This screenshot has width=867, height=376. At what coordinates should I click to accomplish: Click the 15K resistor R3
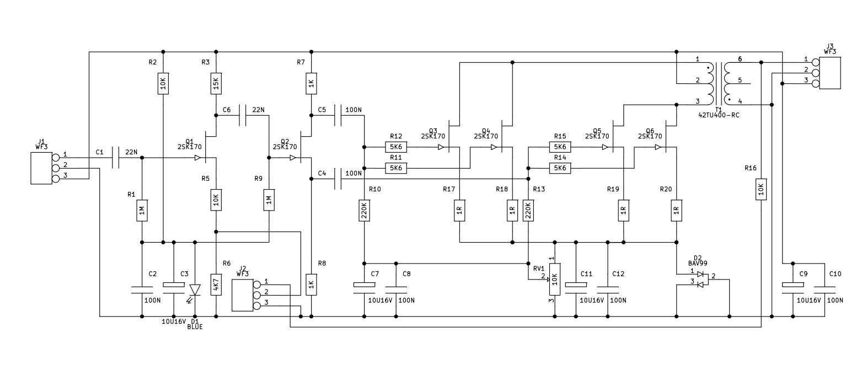tap(216, 84)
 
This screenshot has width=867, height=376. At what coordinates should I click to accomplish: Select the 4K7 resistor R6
tap(216, 284)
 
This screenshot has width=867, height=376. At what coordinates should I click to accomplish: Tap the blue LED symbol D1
tap(195, 291)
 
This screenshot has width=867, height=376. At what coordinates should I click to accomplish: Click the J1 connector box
tap(41, 168)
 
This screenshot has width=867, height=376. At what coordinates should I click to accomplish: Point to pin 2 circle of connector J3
tap(816, 73)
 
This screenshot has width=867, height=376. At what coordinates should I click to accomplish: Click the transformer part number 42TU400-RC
tap(719, 115)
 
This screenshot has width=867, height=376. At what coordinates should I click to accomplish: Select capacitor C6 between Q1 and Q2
tap(242, 115)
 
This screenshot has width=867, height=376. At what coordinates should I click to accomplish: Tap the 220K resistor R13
tap(528, 211)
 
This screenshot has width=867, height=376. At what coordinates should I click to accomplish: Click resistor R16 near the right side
tap(761, 190)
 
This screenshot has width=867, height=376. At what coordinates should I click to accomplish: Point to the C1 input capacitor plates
tap(115, 158)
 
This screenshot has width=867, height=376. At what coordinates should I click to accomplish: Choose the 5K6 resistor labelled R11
tap(396, 168)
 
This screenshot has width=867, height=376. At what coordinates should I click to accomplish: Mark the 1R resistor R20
tap(676, 211)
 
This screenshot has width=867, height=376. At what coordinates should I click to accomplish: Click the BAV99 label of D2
tap(698, 264)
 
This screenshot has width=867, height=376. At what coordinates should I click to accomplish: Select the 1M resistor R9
tap(269, 200)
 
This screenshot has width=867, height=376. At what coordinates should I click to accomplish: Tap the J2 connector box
tap(243, 295)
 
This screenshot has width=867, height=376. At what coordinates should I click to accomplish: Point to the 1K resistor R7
tap(311, 84)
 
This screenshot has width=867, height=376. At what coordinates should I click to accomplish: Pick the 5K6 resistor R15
tap(560, 147)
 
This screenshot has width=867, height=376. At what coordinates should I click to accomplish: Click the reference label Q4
tap(486, 130)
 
